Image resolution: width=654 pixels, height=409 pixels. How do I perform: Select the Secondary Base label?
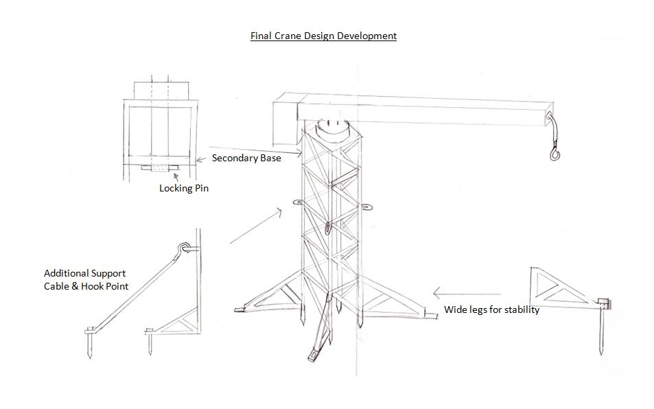246,158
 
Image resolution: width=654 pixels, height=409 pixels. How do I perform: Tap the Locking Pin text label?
184,188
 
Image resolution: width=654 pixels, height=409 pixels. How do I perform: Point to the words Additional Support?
84,273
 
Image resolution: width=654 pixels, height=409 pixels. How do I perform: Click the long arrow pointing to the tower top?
255,151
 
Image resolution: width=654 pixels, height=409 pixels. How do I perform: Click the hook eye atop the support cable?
185,248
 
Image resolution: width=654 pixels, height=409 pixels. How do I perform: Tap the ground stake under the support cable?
89,342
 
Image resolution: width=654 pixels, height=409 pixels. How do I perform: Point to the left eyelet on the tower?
299,202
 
